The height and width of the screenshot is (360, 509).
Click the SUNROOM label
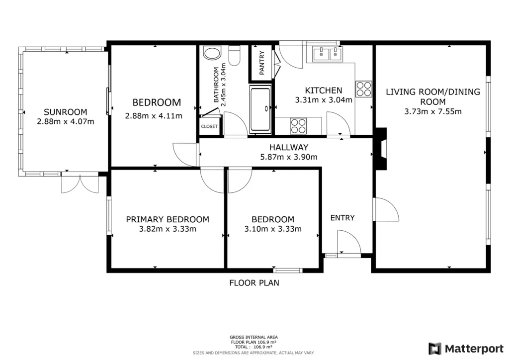[x=66, y=112]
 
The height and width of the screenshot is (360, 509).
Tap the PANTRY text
[x=261, y=63]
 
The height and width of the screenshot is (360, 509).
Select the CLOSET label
[x=209, y=126]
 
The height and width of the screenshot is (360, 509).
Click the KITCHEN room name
[x=324, y=90]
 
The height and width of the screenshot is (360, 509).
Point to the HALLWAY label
[x=289, y=147]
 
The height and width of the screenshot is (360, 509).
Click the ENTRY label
[x=342, y=218]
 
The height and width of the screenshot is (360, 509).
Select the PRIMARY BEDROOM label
[x=168, y=219]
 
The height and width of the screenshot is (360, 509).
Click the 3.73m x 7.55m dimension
[x=433, y=112]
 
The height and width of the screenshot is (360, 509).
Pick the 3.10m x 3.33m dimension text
[x=273, y=229]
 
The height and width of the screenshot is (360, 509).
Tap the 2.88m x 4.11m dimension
[x=154, y=116]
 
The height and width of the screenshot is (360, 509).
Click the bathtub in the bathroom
[x=260, y=109]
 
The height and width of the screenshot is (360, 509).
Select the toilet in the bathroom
[x=235, y=56]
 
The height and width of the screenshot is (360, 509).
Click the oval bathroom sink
[x=212, y=53]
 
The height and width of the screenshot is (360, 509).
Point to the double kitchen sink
[x=327, y=54]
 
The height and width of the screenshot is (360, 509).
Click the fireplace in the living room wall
[x=382, y=149]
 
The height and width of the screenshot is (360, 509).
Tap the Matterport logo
[x=466, y=349]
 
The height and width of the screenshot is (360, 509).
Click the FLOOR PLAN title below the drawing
[x=254, y=283]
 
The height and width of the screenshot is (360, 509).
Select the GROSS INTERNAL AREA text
[x=254, y=337]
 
